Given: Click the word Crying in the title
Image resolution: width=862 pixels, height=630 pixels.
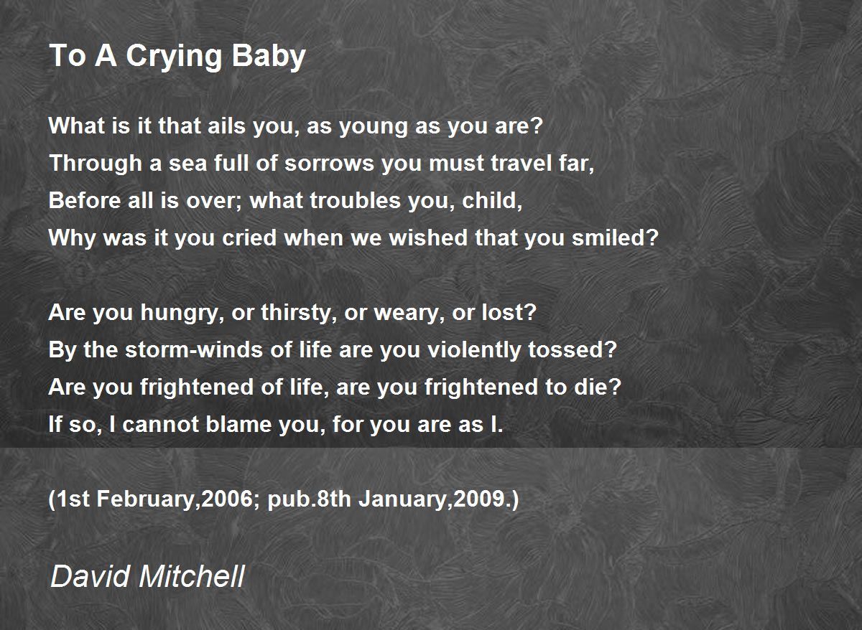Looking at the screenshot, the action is coord(174,57).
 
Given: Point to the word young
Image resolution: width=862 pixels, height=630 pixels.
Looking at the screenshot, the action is coord(373,128).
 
